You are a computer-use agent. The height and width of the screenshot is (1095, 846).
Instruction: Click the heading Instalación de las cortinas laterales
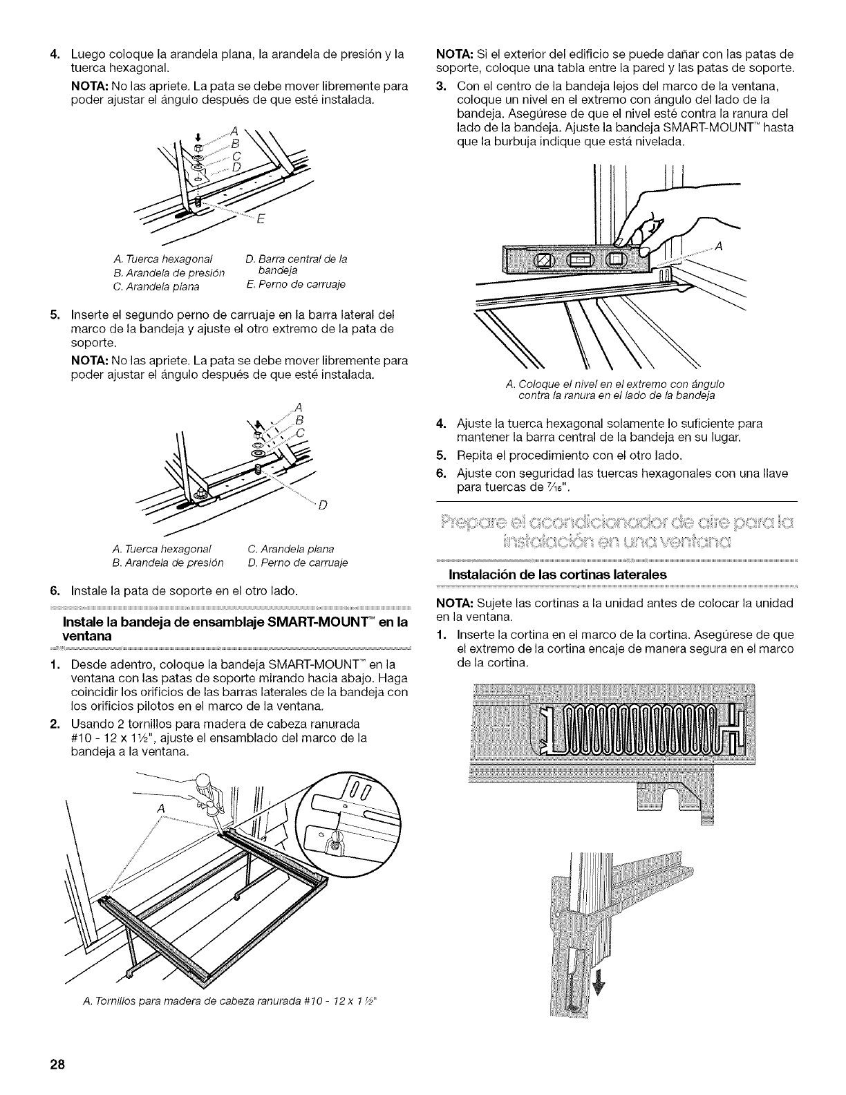pos(558,574)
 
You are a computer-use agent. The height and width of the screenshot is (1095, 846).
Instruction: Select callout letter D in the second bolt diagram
pos(321,503)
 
